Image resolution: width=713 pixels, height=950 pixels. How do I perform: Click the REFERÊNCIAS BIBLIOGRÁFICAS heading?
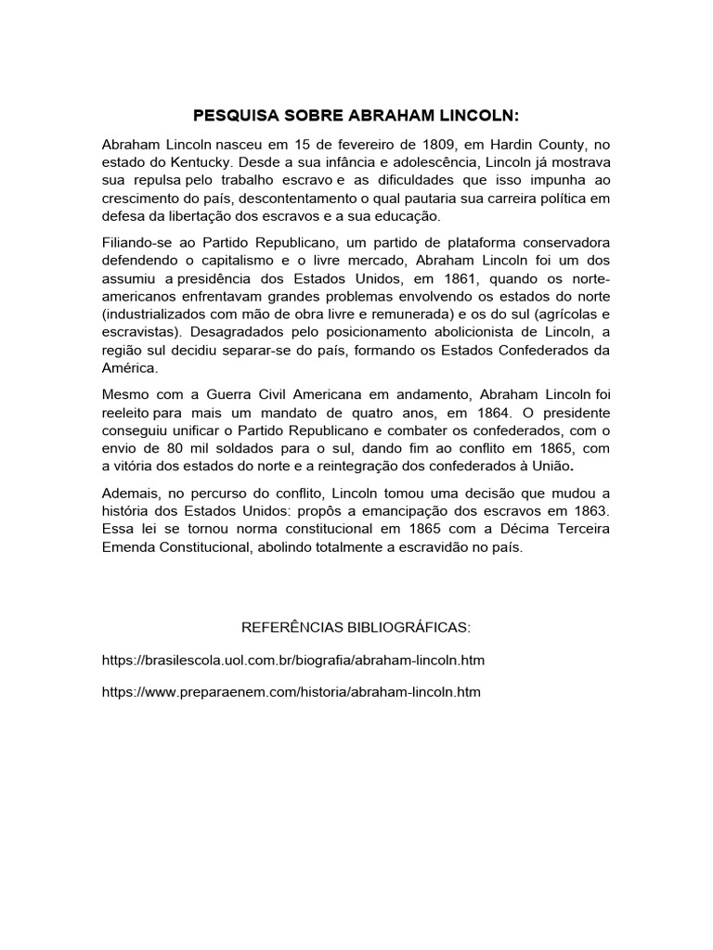coord(356,628)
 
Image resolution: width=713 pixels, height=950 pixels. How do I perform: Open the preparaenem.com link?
coord(292,692)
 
